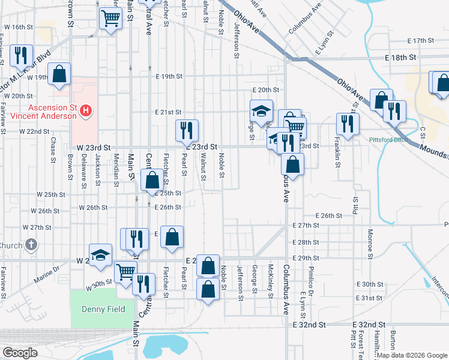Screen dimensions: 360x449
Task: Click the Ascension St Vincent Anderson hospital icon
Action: click(x=86, y=110)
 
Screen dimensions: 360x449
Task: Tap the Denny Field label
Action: click(x=103, y=309)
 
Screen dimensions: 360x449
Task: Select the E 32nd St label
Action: click(x=309, y=324)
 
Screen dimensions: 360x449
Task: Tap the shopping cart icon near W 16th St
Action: click(x=110, y=19)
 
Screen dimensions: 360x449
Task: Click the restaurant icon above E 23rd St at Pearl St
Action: click(x=187, y=130)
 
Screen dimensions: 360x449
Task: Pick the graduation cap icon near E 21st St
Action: click(x=262, y=110)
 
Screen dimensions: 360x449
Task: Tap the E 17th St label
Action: click(x=420, y=41)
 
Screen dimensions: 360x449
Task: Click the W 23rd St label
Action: click(x=94, y=147)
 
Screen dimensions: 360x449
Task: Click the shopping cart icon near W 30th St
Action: click(x=125, y=272)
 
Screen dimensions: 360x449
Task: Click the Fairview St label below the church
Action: click(x=4, y=279)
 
